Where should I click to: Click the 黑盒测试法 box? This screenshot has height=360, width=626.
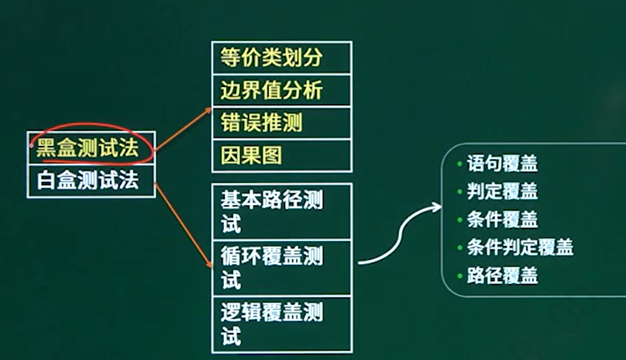tap(91, 148)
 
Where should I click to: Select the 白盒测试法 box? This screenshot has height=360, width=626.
tap(91, 179)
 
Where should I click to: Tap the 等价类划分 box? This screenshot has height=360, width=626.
tap(281, 57)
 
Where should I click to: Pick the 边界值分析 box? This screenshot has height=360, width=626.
tap(281, 90)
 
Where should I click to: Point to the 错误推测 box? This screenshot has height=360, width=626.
tap(281, 122)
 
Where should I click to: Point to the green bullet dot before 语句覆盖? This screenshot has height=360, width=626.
tap(459, 164)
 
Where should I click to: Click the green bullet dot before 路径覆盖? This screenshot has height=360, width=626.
tap(459, 276)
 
